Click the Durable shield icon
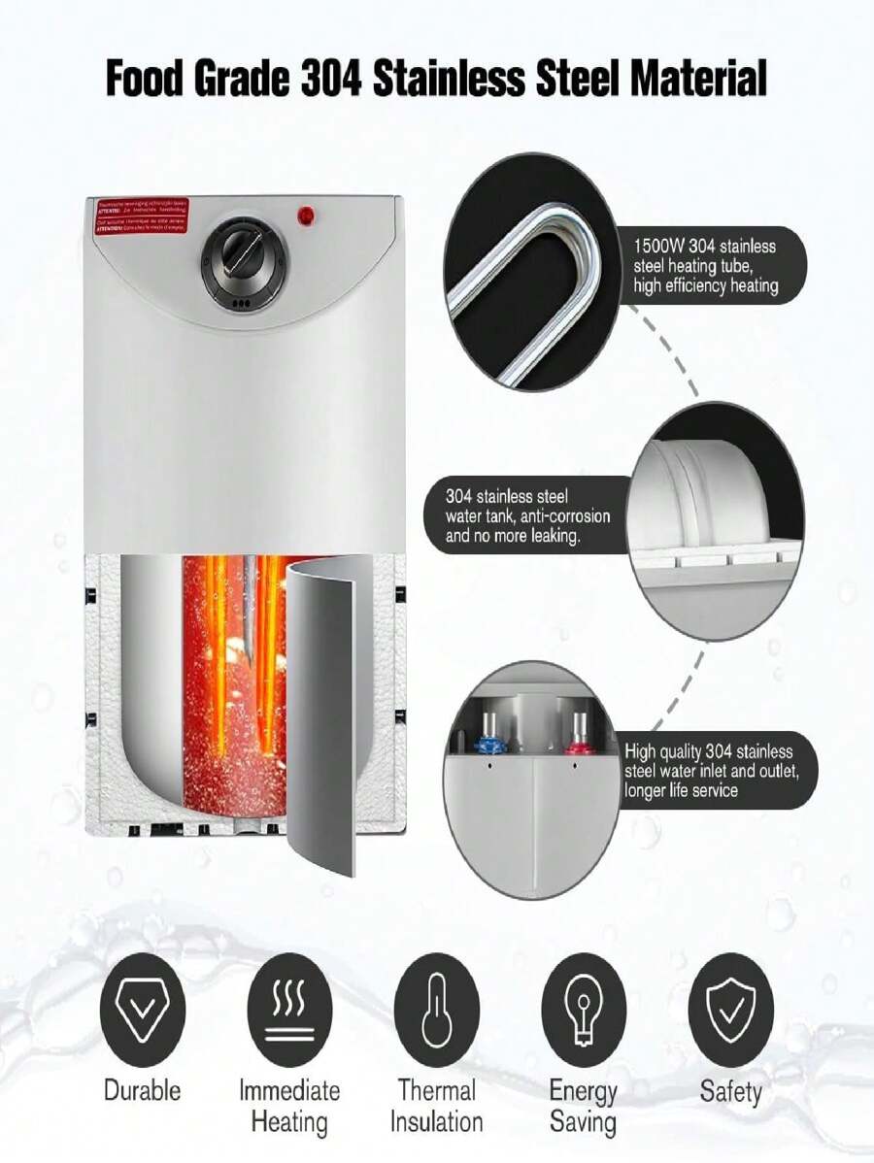click(142, 1010)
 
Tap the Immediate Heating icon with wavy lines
click(289, 1010)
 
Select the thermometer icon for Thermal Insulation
click(436, 1010)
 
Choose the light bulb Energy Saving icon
click(584, 1010)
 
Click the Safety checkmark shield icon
click(730, 1010)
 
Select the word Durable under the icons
click(142, 1090)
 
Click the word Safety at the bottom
click(730, 1090)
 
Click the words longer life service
click(681, 790)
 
